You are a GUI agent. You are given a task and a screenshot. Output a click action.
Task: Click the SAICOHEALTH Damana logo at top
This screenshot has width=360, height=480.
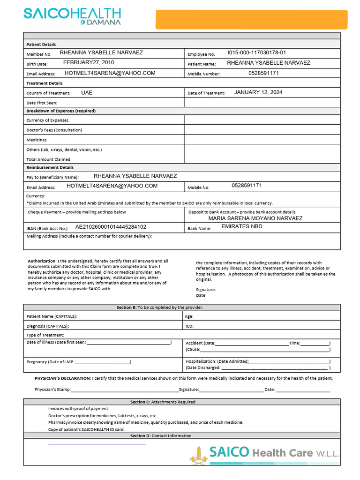coord(72,16)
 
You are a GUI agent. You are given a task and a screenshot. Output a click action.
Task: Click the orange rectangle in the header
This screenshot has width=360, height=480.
coord(252,20)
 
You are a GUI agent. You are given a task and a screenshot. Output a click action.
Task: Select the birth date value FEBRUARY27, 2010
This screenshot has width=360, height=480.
coord(89,63)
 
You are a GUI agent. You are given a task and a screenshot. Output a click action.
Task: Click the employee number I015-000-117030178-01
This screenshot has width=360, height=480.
coord(256,53)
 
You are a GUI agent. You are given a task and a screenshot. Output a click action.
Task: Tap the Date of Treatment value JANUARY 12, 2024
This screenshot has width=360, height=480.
coord(258,92)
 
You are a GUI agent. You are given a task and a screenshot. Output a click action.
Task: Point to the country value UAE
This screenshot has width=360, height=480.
coord(87,93)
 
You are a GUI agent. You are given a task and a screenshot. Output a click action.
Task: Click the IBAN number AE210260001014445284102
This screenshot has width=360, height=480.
coord(111,227)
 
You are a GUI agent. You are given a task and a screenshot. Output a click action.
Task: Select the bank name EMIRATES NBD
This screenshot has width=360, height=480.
coord(242,227)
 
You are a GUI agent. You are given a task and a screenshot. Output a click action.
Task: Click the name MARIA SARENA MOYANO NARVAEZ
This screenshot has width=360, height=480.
coord(255,218)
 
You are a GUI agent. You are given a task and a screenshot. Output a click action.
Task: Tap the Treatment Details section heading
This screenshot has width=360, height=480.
coord(45,83)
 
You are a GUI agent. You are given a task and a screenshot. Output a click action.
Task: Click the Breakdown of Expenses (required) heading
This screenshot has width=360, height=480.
coord(61,111)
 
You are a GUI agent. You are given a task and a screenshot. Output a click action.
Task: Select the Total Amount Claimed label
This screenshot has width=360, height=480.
coord(48,159)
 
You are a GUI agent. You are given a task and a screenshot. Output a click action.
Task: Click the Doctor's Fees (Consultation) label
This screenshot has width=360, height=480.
coord(54,130)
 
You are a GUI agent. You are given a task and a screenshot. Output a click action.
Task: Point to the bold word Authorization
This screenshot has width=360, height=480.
coord(41,261)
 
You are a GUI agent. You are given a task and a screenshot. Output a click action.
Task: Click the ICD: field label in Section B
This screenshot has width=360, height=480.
coord(189,326)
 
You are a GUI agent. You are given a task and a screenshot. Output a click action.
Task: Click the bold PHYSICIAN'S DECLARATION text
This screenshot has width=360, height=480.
coord(62,378)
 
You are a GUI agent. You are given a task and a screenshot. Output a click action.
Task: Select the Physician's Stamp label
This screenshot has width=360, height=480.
coord(52,390)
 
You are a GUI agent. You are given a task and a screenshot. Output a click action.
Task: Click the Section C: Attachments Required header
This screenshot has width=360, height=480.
coord(163,402)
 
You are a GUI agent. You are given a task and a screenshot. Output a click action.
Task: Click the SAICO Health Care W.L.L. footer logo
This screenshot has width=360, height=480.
coord(265,453)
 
